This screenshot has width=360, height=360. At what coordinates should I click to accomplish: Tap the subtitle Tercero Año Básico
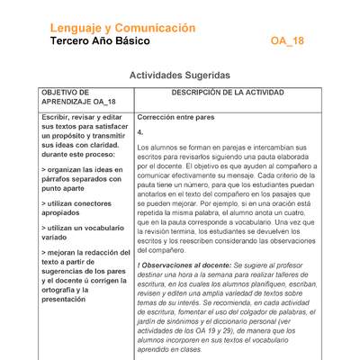(x=100, y=42)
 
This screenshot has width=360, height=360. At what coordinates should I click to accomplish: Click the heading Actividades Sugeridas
(x=180, y=77)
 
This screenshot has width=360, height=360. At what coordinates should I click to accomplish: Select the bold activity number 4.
(x=140, y=131)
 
